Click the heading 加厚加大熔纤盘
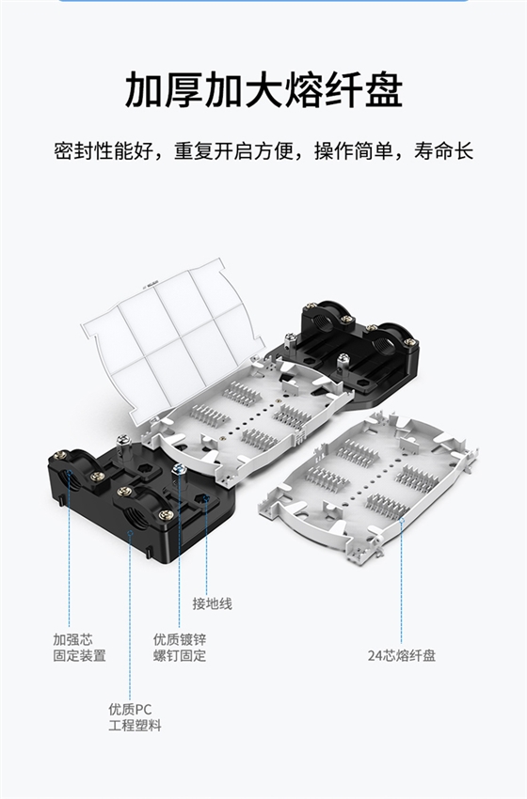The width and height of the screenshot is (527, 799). point(263,91)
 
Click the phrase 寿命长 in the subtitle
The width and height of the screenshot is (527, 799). point(449,150)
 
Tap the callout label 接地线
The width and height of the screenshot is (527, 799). point(212,603)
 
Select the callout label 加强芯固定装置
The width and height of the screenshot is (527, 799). point(79,647)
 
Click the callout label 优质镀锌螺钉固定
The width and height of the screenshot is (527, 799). point(180,647)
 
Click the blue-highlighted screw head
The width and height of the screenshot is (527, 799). point(178,469)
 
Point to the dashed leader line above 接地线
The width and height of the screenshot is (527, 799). point(207,545)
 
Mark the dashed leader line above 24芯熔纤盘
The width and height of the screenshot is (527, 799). point(402,583)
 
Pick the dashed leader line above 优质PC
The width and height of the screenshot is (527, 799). point(130,620)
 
